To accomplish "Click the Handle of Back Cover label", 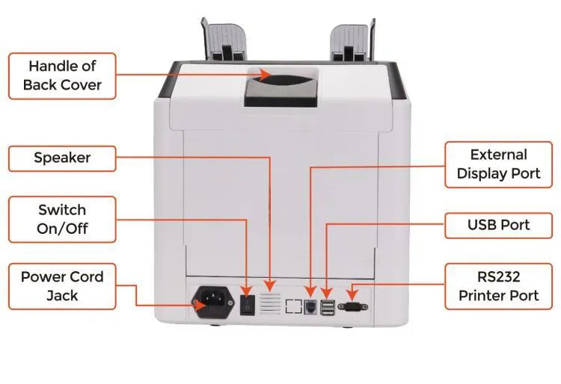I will pos(62,75).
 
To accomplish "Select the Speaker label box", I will pos(62,158).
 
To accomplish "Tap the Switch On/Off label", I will pos(62,219).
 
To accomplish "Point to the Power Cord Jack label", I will pos(62,285).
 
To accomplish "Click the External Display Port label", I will pos(499,164).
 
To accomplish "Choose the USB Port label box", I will pos(499,225).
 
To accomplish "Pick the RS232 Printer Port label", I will pos(499,285).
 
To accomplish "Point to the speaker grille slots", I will pos(271,303).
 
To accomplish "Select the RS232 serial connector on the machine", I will pos(352,306).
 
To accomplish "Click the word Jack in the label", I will pos(62,295).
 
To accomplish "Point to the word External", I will pos(499,155).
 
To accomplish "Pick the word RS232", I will pos(499,276).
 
